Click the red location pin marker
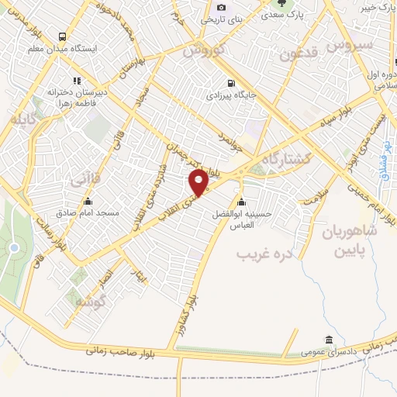point(199,183)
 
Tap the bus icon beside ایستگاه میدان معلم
point(62,36)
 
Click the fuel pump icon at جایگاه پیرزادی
point(230,84)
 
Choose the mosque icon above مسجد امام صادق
point(87,199)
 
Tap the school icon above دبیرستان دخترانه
point(76,80)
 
